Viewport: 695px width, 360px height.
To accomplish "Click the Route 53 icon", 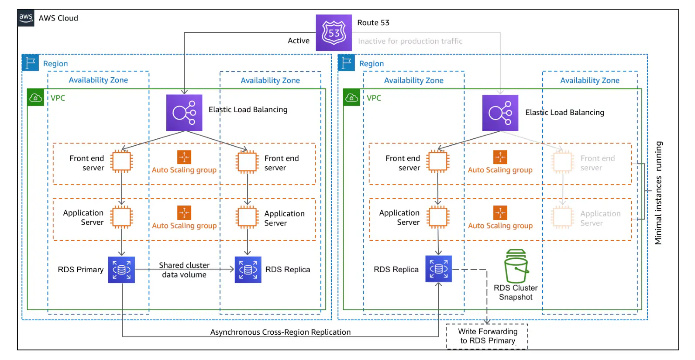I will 334,33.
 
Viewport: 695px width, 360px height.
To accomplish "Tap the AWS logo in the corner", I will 26,18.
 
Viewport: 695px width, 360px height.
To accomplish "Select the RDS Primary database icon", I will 121,270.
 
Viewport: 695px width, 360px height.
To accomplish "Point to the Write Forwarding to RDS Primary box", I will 487,336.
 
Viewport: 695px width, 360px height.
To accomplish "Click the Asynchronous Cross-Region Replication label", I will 280,332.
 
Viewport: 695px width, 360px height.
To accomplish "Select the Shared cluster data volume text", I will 184,270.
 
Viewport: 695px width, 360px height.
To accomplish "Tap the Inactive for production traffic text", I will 410,41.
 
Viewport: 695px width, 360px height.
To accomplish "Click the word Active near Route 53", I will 299,41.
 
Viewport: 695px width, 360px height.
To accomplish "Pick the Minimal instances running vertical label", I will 658,192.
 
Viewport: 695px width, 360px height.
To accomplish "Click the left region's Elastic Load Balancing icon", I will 184,113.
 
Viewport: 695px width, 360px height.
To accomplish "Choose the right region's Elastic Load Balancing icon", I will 500,113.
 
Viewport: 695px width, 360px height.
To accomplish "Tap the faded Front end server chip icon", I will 563,162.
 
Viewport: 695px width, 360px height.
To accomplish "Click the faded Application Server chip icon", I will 563,217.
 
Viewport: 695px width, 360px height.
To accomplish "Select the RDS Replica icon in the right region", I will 438,269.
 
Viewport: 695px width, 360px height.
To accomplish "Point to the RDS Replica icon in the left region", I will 248,270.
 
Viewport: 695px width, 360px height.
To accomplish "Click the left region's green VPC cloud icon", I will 35,98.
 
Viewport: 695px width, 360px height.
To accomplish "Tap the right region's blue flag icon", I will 346,63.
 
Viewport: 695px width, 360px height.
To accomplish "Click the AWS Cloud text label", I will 58,18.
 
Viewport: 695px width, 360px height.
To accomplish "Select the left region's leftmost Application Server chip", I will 121,217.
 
